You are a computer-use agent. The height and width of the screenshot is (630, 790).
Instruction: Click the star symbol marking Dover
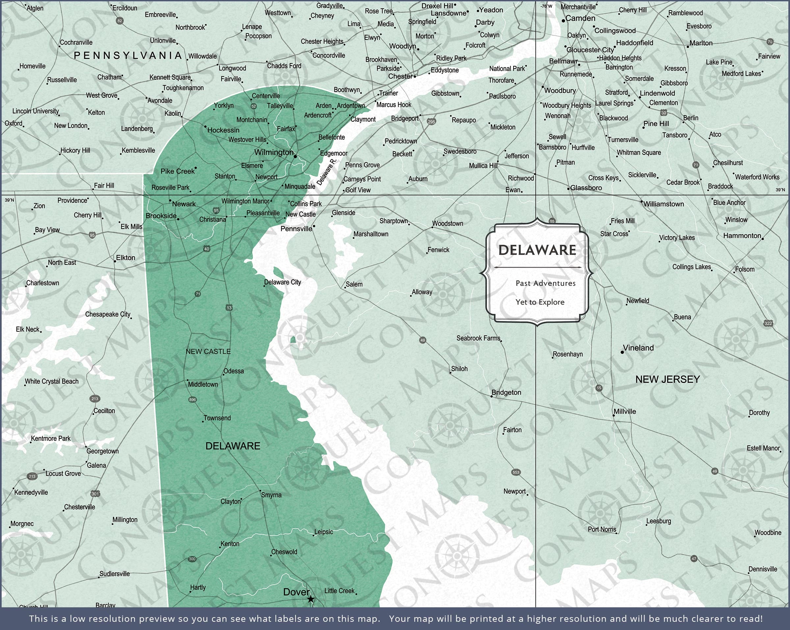(310, 599)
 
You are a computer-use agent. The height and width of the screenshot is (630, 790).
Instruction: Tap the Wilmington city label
(274, 152)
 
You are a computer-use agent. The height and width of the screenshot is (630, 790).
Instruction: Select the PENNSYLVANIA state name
(128, 56)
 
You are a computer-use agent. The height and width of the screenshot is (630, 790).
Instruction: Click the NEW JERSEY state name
(668, 379)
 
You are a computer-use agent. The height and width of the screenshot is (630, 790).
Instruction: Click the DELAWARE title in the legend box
(537, 250)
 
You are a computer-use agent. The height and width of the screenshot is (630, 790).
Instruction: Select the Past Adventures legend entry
(545, 283)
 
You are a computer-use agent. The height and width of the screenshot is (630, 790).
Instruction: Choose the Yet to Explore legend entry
(540, 302)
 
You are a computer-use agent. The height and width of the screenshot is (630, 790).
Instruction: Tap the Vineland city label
(638, 348)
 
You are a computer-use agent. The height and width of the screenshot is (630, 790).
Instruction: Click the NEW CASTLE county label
(208, 352)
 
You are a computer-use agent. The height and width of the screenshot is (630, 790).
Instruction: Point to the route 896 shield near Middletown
(192, 400)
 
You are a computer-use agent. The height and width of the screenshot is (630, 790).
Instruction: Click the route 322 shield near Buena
(768, 323)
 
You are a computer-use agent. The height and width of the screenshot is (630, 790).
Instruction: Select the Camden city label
(580, 18)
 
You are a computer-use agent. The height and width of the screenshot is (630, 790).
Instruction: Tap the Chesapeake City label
(107, 314)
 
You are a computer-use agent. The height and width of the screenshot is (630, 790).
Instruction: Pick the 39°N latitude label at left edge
(9, 200)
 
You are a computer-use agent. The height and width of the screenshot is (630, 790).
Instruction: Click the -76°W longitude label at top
(546, 6)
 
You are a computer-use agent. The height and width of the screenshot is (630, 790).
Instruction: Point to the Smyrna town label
(271, 495)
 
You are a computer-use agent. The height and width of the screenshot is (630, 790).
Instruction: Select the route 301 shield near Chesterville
(95, 494)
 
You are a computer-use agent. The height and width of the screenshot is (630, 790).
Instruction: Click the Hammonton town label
(742, 236)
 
